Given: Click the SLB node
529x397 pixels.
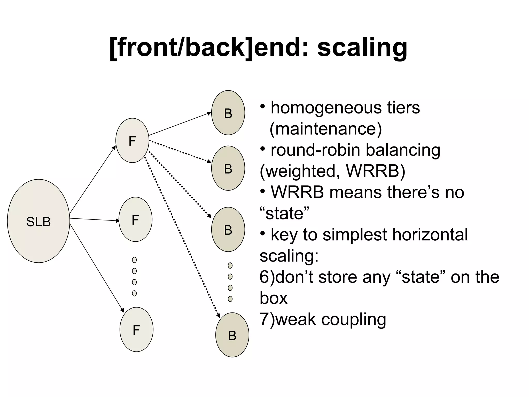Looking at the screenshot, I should (38, 221).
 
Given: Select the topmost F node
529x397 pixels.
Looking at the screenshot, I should (132, 141).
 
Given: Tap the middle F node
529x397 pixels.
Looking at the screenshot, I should (135, 219).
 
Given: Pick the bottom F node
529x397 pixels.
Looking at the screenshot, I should (136, 330).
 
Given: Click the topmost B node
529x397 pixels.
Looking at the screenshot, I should (228, 113).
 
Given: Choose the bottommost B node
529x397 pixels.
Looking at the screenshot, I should (232, 335).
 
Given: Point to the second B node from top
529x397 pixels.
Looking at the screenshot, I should (228, 168).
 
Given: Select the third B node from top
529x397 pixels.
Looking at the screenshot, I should (228, 230).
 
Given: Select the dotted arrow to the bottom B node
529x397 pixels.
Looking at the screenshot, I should (182, 236).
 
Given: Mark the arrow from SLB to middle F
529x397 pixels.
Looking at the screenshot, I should (94, 220).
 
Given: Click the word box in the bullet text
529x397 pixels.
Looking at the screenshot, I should (273, 298).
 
